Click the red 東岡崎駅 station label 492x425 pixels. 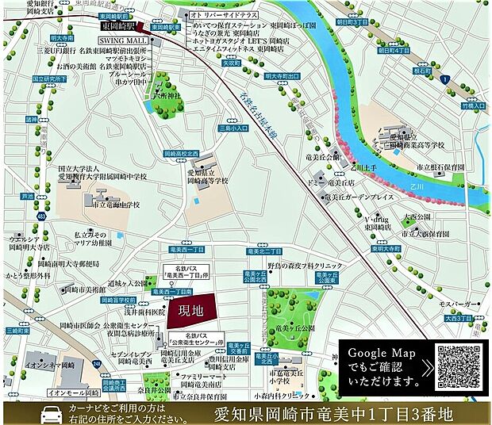click(120, 26)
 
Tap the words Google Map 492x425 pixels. click(378, 352)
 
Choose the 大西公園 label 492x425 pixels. click(418, 216)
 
